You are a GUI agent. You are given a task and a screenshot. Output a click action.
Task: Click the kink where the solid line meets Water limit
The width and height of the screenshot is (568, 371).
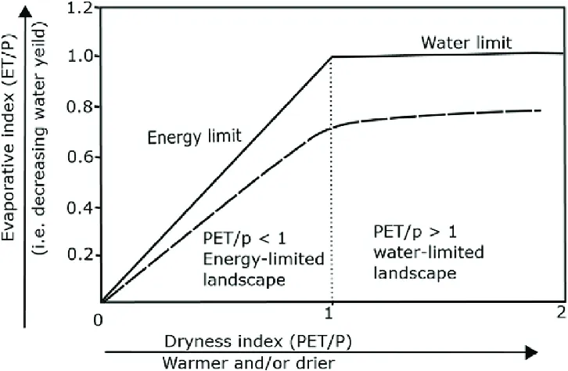(333, 56)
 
